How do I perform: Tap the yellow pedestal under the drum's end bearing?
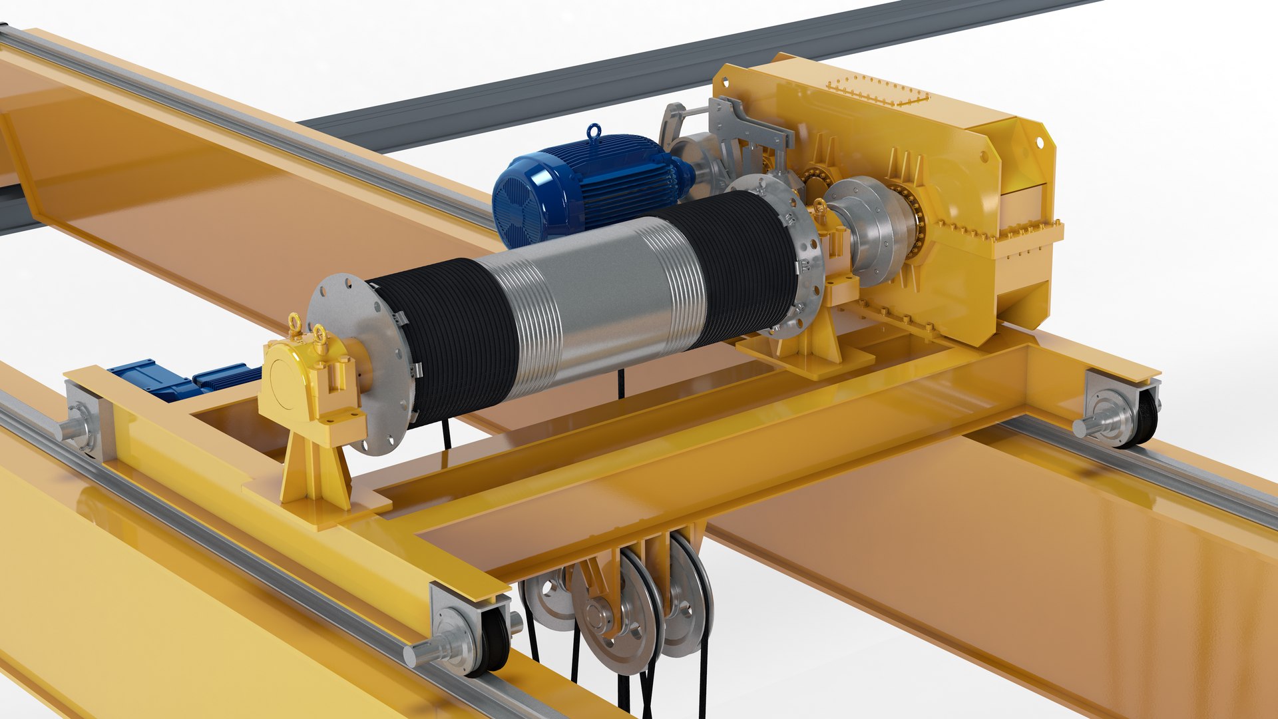pos(313,473)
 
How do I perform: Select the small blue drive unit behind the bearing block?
pos(180,379)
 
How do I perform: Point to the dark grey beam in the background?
pos(599,87)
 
